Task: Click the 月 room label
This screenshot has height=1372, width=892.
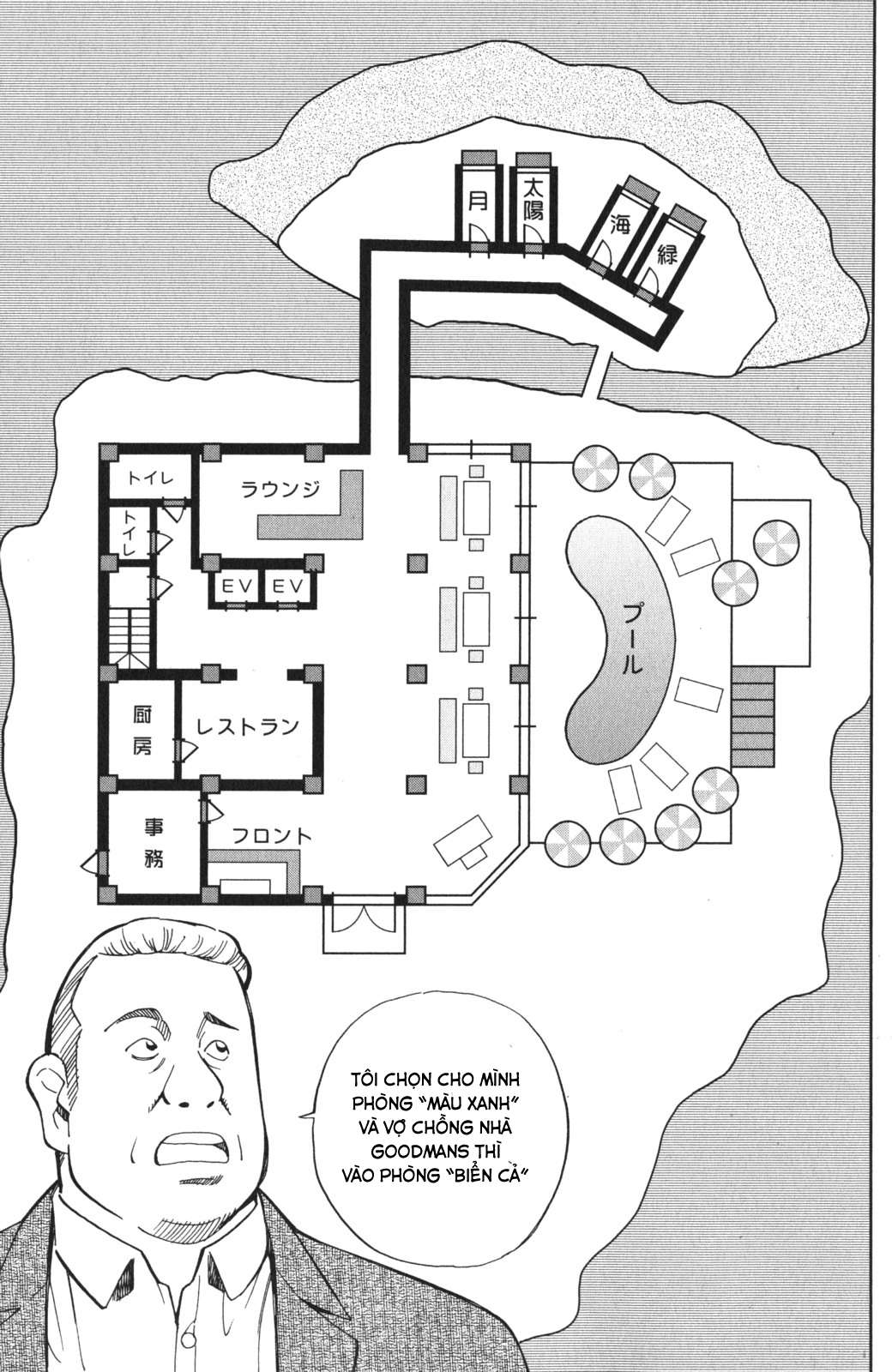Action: pyautogui.click(x=478, y=201)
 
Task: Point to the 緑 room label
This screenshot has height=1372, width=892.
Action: pyautogui.click(x=668, y=253)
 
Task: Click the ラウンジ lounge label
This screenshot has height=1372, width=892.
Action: pyautogui.click(x=280, y=489)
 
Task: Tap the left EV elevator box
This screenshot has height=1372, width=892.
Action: pyautogui.click(x=237, y=587)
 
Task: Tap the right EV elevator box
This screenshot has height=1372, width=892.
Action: pyautogui.click(x=287, y=587)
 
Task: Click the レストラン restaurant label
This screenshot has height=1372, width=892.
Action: pyautogui.click(x=248, y=726)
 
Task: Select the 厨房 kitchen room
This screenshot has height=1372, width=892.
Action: pyautogui.click(x=142, y=730)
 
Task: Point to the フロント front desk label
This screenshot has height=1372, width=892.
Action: pyautogui.click(x=272, y=836)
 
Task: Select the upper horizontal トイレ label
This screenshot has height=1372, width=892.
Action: pyautogui.click(x=151, y=478)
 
